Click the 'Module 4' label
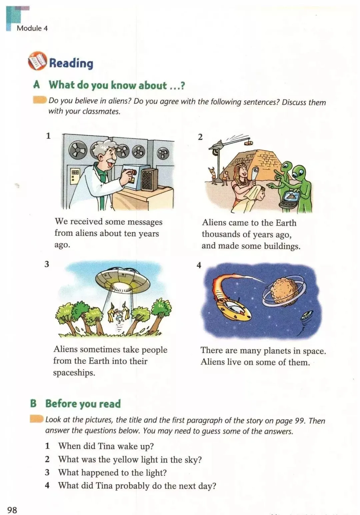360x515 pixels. (32, 28)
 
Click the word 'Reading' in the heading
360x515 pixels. (71, 63)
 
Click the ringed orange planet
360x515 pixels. (285, 292)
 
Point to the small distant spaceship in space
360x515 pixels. (307, 315)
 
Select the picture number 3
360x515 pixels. (47, 265)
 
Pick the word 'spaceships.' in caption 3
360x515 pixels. (74, 373)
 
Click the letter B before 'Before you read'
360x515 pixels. (33, 404)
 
